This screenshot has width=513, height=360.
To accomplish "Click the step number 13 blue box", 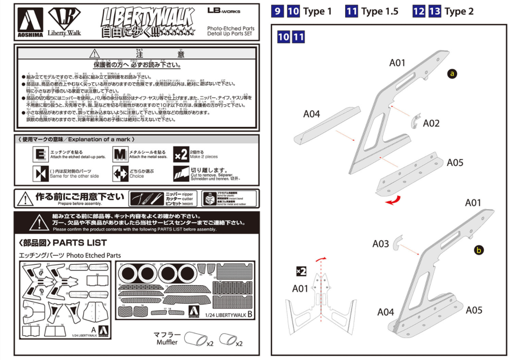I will [x=434, y=11].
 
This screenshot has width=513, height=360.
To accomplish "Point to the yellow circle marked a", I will [x=452, y=74].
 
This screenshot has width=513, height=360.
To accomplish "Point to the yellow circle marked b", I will [x=479, y=250].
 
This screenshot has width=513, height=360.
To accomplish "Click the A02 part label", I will [x=431, y=123].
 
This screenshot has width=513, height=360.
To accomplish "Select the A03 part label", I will [x=381, y=243].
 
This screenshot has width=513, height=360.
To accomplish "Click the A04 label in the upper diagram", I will [x=312, y=114].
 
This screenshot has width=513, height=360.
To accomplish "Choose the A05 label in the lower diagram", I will [x=474, y=310].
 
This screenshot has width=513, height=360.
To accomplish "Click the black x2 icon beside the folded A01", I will [x=301, y=271].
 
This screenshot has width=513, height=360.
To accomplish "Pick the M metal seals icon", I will [x=120, y=154].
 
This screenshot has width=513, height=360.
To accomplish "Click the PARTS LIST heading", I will [x=62, y=243].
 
